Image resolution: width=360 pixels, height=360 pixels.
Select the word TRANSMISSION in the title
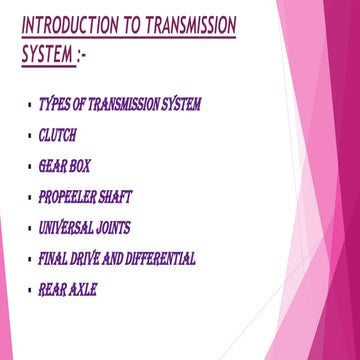click(188, 25)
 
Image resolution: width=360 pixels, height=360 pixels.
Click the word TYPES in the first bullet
click(51, 104)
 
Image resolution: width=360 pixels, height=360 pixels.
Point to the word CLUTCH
click(57, 135)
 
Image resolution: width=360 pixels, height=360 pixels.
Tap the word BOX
click(79, 166)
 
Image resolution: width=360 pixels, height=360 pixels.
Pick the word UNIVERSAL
click(68, 228)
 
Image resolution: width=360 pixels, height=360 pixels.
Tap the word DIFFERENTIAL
click(161, 259)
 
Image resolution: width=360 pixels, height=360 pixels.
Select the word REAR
click(51, 290)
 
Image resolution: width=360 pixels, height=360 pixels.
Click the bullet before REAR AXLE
click(31, 291)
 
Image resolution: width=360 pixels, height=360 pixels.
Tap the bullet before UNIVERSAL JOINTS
click(31, 229)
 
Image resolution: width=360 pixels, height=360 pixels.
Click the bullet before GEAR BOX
click(31, 167)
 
